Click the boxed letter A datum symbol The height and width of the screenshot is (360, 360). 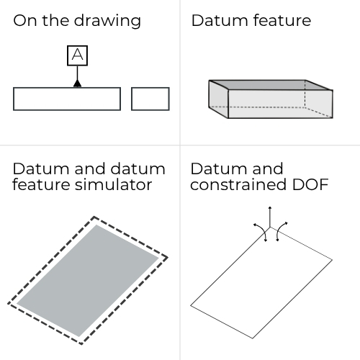tap(77, 55)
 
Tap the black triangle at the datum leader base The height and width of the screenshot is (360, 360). tap(77, 84)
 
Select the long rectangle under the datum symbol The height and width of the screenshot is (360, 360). tap(67, 99)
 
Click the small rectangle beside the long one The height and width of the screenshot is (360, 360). tap(150, 99)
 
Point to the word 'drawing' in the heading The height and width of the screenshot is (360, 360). tap(107, 21)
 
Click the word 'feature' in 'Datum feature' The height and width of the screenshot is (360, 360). tap(282, 20)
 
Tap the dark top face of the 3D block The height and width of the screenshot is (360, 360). tap(271, 85)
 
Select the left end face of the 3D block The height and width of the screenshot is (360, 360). tap(218, 99)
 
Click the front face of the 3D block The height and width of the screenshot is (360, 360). tap(280, 104)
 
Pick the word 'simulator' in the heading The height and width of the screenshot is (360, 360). tap(113, 184)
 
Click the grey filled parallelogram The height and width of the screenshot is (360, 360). tap(88, 281)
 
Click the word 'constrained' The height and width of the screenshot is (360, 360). tap(238, 184)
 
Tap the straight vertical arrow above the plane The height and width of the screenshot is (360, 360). tap(270, 217)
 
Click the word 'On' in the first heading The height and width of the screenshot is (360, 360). tap(26, 20)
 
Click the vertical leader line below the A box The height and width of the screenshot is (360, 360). tap(77, 73)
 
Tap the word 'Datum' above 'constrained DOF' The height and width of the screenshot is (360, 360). tap(220, 168)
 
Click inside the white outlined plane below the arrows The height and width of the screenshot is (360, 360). tap(261, 282)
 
